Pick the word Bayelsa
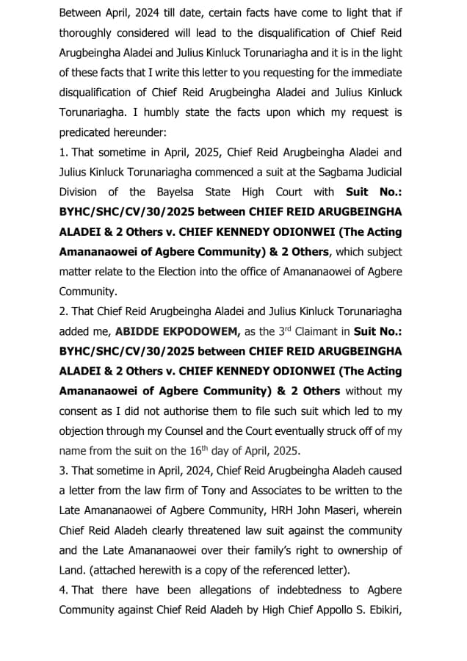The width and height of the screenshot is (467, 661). click(180, 192)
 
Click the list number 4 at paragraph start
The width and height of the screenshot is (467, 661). click(62, 590)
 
